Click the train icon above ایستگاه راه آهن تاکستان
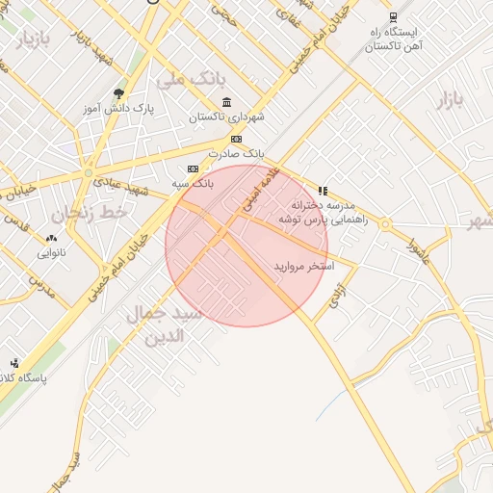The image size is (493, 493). (x=393, y=16)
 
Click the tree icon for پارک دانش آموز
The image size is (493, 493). (x=118, y=93)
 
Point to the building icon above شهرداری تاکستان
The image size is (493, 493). (x=226, y=103)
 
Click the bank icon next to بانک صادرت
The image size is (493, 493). (x=237, y=139)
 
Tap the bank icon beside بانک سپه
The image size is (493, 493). (x=193, y=168)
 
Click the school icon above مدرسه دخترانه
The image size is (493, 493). (x=322, y=191)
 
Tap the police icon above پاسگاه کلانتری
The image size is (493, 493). (x=14, y=363)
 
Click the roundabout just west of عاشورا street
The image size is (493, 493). (x=385, y=225)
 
